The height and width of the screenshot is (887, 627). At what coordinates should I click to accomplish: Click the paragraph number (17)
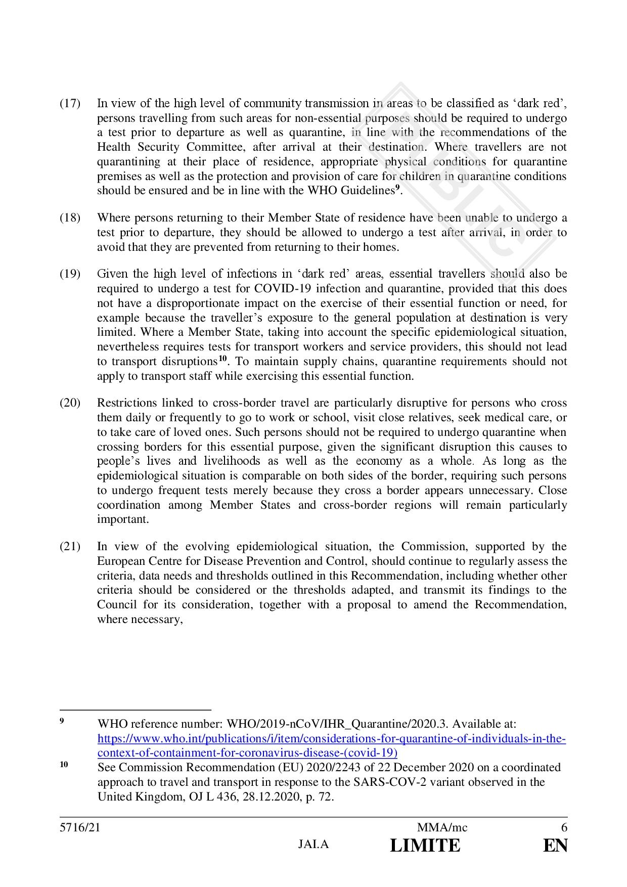(x=70, y=104)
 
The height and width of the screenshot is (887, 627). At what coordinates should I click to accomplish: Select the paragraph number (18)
(x=70, y=218)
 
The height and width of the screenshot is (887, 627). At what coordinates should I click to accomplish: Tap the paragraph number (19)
(x=70, y=274)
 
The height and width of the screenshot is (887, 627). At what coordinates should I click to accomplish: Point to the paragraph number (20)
(x=70, y=403)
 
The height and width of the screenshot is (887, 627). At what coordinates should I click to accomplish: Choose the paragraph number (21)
(x=70, y=547)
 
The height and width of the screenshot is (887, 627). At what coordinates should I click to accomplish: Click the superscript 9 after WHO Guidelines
(x=397, y=188)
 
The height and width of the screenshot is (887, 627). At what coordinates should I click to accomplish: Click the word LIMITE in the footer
(x=425, y=846)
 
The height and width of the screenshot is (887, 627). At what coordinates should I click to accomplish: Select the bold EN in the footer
(x=555, y=846)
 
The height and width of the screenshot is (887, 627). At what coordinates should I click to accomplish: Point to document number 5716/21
(x=80, y=828)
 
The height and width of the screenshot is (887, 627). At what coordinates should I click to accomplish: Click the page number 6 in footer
(x=564, y=828)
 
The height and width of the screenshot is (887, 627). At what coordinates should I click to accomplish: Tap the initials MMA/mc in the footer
(x=442, y=828)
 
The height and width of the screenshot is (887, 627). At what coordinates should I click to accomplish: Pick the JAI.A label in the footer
(x=313, y=845)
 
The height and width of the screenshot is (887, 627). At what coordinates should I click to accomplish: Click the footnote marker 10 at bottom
(x=64, y=765)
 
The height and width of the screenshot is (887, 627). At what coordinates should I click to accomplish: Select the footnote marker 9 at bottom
(x=62, y=721)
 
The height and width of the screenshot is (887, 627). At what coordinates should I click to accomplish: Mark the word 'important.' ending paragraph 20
(x=123, y=519)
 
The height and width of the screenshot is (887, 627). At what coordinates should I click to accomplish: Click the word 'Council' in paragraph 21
(x=117, y=605)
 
